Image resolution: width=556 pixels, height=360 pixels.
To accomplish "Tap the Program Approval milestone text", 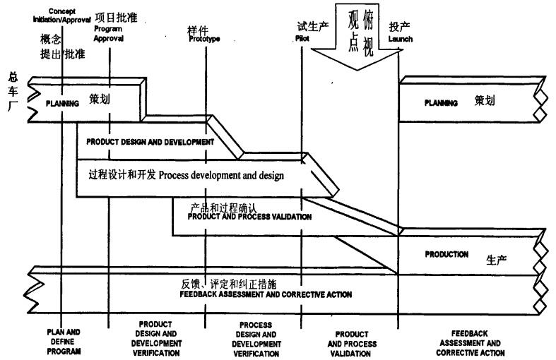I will click(109, 35).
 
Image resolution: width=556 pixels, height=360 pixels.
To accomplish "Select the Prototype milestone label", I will click(204, 39).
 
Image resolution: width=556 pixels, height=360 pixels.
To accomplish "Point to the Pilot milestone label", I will click(302, 39).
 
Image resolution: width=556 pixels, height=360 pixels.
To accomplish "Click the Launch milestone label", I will click(400, 39).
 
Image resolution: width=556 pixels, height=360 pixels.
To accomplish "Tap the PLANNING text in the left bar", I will click(62, 104).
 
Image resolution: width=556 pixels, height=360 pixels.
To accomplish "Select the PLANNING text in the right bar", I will click(441, 103).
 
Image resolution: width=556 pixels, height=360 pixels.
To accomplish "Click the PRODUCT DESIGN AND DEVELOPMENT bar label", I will click(150, 142).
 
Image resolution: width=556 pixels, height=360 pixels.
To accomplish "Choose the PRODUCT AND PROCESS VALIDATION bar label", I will click(249, 217).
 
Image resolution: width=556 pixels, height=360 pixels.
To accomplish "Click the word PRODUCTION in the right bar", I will click(446, 254).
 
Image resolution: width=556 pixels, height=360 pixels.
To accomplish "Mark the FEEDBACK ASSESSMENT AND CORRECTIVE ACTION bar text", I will click(266, 294).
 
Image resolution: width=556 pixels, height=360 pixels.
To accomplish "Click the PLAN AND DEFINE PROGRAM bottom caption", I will click(64, 340).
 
